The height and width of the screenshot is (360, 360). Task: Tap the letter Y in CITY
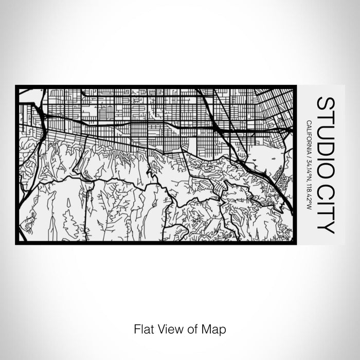[325, 226]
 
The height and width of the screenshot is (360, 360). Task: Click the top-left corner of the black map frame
[16, 86]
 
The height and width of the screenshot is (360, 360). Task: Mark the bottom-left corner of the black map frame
[16, 244]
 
